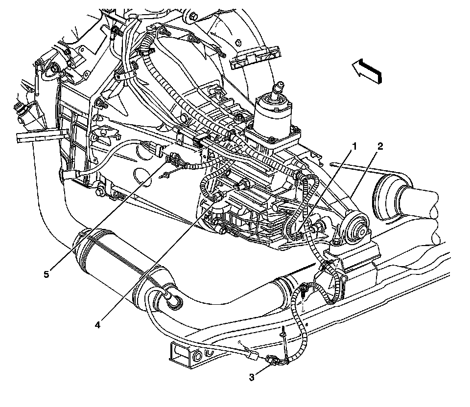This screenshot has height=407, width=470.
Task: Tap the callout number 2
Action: (x=380, y=146)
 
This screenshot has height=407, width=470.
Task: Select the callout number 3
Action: (x=252, y=377)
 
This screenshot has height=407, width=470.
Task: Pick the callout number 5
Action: (x=46, y=274)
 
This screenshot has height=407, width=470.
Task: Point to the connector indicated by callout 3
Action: (x=272, y=362)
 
